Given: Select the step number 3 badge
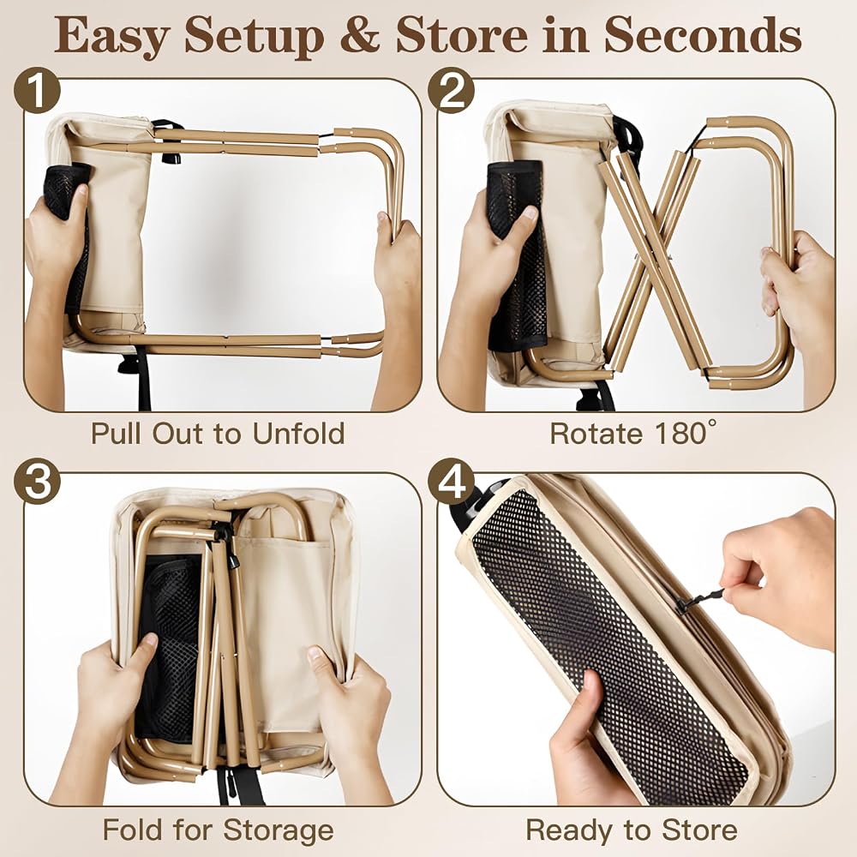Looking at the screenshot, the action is tap(37, 481).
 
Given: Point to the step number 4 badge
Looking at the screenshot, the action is tap(451, 481).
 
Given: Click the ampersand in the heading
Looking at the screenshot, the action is tap(360, 36).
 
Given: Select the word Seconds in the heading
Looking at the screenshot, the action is tap(703, 35).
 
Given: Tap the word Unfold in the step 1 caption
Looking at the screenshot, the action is tap(298, 434).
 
